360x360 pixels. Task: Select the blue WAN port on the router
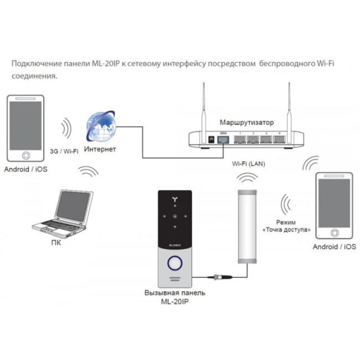pos(223,140)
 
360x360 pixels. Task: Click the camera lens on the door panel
pos(176,217)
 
